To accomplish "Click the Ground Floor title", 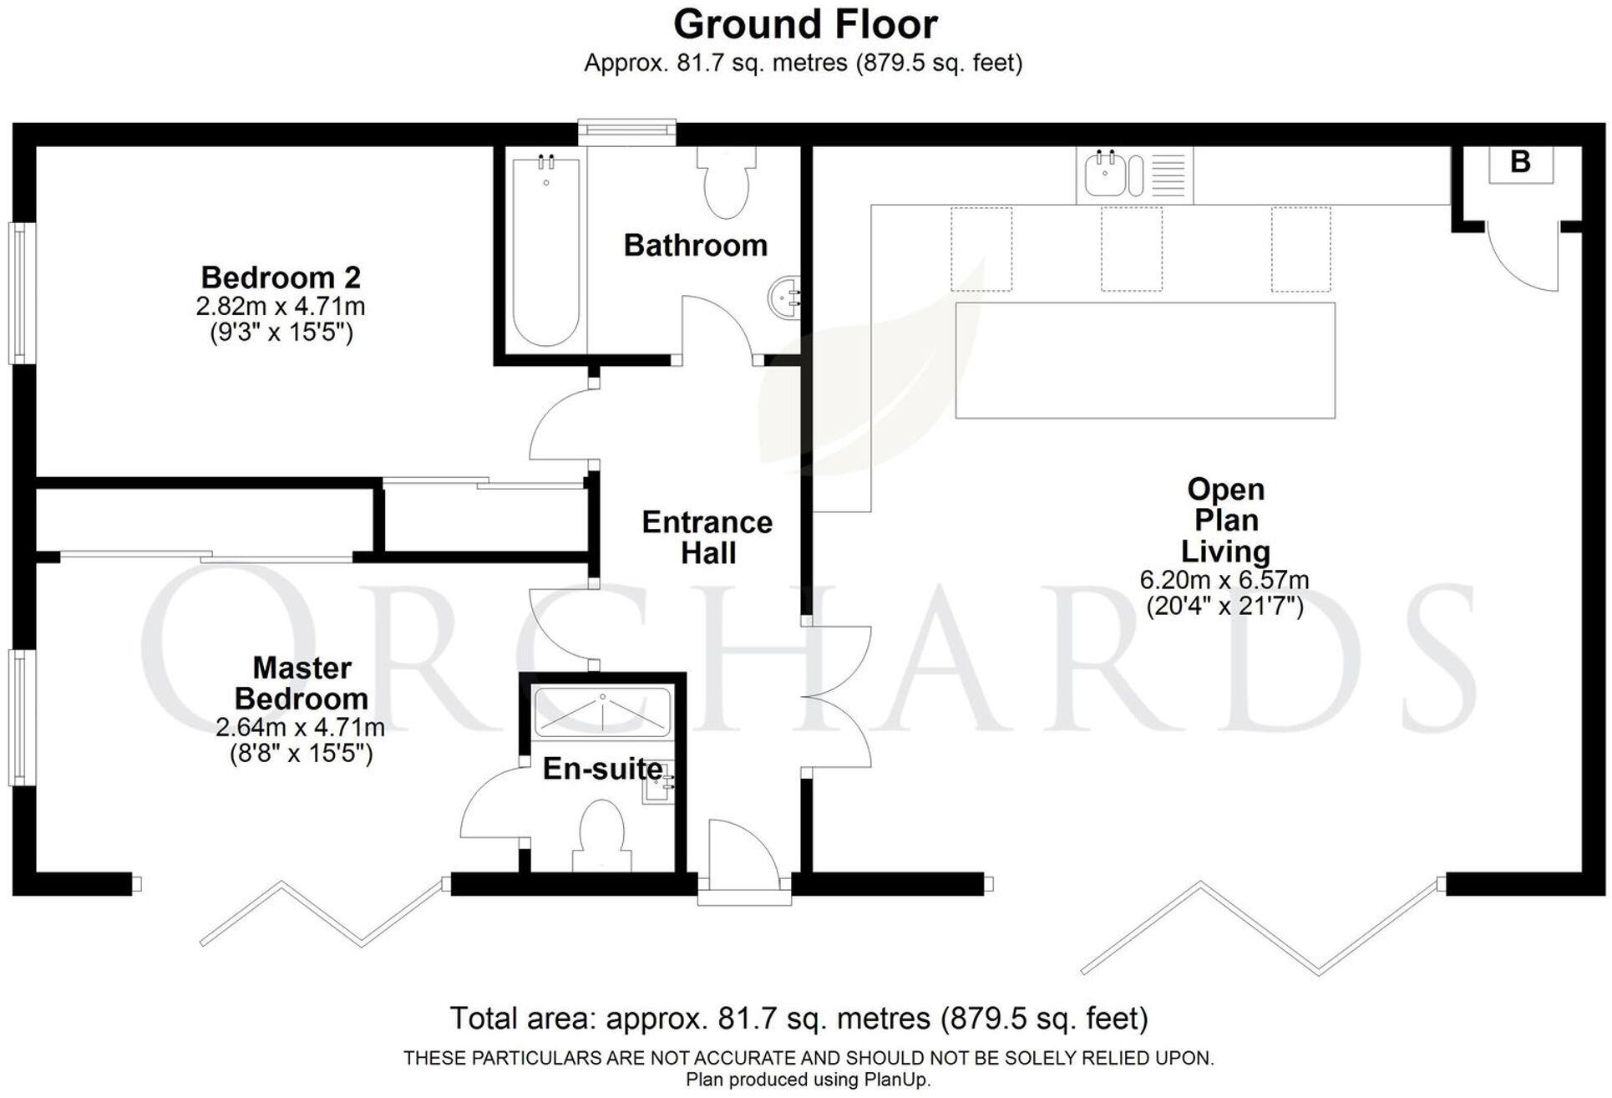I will pos(805,25).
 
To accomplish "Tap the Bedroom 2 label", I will pos(281,277).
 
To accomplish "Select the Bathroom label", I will pos(695,246).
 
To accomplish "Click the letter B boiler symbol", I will pos(1520,162).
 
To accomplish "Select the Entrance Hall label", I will pos(707,537).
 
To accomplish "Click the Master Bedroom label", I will pos(301,683).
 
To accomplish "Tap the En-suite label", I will pos(602,769).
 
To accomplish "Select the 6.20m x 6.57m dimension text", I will pos(1224,580).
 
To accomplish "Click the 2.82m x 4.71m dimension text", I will pos(281,307).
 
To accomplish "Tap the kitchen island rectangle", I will pos(1144,360).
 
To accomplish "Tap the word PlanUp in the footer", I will pos(895,1080).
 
